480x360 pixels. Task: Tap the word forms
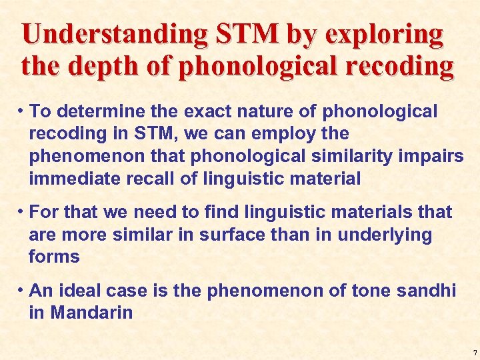pos(54,257)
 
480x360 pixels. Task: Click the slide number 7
pos(474,353)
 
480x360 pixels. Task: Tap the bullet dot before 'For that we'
pos(22,213)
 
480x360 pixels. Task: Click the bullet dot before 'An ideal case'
pos(22,291)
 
